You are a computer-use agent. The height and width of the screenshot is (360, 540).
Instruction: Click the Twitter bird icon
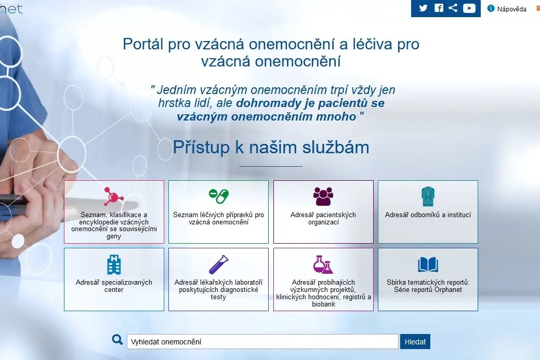tap(423, 8)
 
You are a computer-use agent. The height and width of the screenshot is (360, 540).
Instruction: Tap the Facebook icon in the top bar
tap(439, 8)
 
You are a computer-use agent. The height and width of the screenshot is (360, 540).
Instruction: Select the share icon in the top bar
tap(453, 8)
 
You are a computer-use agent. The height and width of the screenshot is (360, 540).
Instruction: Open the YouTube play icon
tap(469, 8)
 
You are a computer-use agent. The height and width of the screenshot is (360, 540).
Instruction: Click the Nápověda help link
tap(507, 9)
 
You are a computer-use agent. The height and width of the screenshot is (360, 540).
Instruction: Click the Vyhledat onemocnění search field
tap(262, 341)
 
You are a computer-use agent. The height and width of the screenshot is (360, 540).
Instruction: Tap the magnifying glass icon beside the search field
tap(117, 340)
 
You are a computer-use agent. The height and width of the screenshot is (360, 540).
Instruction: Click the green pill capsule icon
tap(219, 196)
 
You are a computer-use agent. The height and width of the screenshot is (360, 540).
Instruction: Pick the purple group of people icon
tap(323, 196)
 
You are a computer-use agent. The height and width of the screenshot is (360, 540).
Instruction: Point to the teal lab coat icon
tap(428, 196)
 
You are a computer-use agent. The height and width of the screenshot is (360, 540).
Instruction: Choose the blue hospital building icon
tap(114, 264)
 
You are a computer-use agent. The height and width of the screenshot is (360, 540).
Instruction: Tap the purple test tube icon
tap(219, 264)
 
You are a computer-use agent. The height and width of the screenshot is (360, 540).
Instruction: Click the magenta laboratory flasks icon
tap(323, 264)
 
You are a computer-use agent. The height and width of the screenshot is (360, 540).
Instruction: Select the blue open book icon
tap(428, 264)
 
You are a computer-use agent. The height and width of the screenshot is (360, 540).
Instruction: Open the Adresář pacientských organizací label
tap(323, 218)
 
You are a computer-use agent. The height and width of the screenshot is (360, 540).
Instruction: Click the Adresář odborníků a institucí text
tap(428, 215)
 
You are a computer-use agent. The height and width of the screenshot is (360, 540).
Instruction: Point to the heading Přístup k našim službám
tap(271, 148)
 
